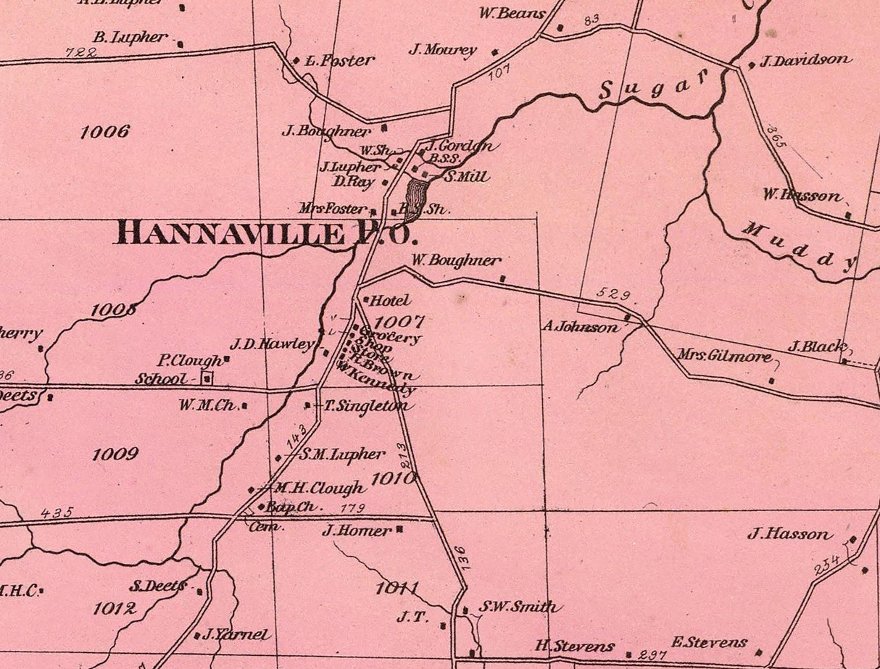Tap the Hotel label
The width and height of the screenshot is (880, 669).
[390, 300]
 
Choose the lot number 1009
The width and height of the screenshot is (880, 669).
[115, 454]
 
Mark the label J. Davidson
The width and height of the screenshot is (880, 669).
[805, 61]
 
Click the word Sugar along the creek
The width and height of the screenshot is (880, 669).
[654, 87]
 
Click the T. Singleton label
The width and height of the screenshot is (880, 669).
[365, 407]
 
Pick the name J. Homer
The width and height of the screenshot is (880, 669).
[357, 531]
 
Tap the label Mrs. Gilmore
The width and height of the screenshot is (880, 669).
[724, 357]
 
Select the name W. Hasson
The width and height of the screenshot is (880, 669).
[802, 195]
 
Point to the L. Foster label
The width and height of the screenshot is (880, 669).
[339, 61]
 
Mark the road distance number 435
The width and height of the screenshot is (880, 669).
[57, 512]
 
